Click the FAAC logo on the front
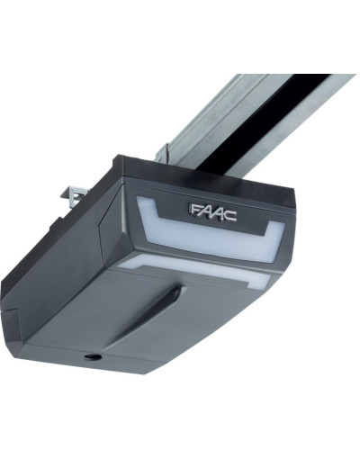pos(213,212)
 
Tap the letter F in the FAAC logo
pos(195,209)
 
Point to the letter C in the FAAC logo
pos(230,216)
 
